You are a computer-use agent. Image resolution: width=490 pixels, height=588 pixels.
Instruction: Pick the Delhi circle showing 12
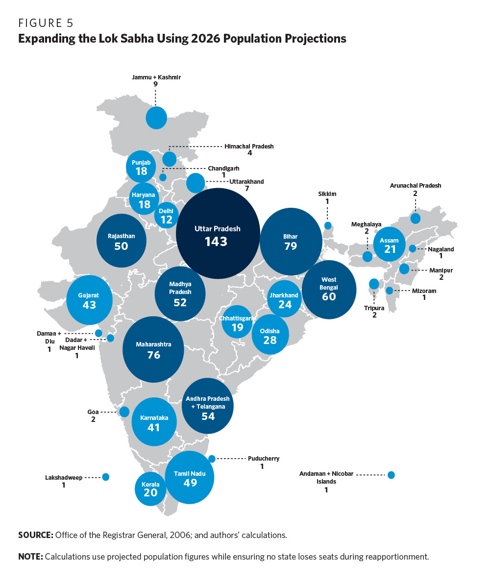pyautogui.click(x=167, y=215)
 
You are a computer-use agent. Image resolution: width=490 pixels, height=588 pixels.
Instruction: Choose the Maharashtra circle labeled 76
pyautogui.click(x=153, y=349)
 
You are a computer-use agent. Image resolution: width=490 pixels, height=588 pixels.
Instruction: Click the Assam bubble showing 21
pyautogui.click(x=390, y=244)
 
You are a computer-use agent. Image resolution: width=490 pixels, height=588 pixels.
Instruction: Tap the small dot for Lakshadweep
pyautogui.click(x=105, y=477)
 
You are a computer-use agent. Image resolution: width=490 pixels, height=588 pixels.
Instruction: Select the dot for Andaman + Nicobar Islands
pyautogui.click(x=391, y=474)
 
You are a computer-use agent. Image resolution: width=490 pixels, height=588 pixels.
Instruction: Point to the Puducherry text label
pyautogui.click(x=263, y=459)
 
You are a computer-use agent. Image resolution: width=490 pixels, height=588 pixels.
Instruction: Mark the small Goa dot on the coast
pyautogui.click(x=124, y=412)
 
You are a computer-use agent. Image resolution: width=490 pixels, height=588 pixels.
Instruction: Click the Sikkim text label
pyautogui.click(x=327, y=194)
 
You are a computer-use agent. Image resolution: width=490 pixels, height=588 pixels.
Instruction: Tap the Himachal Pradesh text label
pyautogui.click(x=249, y=146)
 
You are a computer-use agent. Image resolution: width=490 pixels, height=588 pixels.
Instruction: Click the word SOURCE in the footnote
pyautogui.click(x=35, y=535)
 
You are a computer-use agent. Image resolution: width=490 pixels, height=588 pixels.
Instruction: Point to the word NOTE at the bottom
pyautogui.click(x=30, y=557)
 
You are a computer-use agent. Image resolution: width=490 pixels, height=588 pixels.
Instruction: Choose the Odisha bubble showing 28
pyautogui.click(x=270, y=335)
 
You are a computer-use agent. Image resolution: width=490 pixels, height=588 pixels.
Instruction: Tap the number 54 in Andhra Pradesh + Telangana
pyautogui.click(x=208, y=416)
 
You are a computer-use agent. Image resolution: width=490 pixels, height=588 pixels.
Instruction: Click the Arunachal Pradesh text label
pyautogui.click(x=416, y=186)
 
